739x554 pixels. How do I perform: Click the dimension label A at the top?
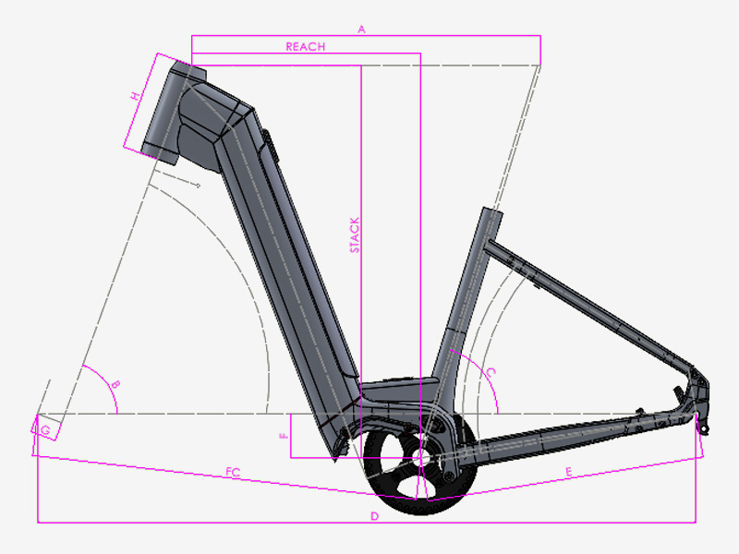click(361, 30)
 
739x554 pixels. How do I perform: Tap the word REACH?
click(306, 47)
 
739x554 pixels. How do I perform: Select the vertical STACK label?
click(355, 235)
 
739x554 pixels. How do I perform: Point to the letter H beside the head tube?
click(136, 96)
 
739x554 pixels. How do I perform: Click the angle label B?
click(115, 385)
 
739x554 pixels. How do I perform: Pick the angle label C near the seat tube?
click(491, 373)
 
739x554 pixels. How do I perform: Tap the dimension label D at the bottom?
click(374, 516)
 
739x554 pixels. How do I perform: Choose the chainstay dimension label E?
click(568, 472)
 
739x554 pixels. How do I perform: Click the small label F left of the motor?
click(284, 436)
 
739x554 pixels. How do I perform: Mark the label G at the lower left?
click(45, 430)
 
